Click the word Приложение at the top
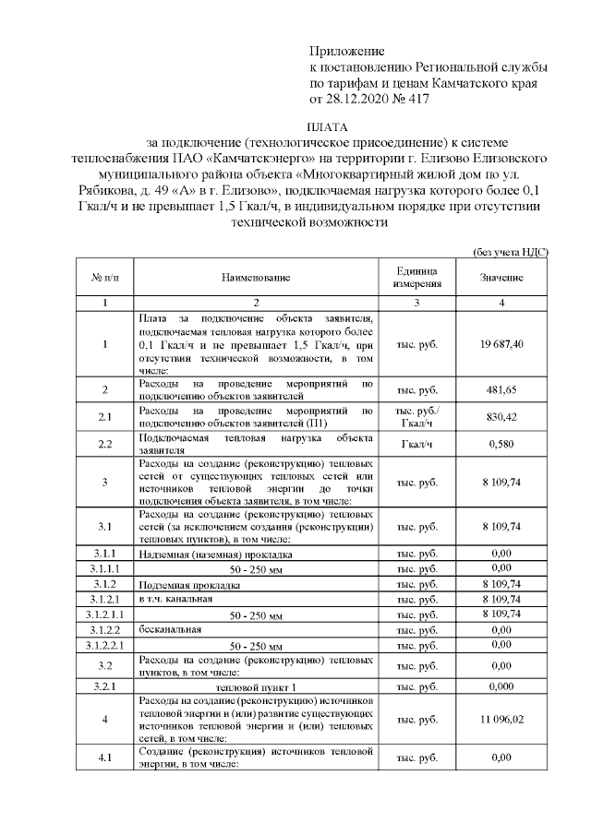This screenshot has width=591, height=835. pyautogui.click(x=346, y=51)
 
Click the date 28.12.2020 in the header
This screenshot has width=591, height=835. pyautogui.click(x=364, y=98)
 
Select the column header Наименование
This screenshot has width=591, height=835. pyautogui.click(x=256, y=277)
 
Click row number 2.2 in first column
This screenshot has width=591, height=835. pyautogui.click(x=105, y=444)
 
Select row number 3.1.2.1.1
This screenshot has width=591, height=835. pyautogui.click(x=105, y=613)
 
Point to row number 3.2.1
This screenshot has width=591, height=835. pyautogui.click(x=105, y=687)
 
